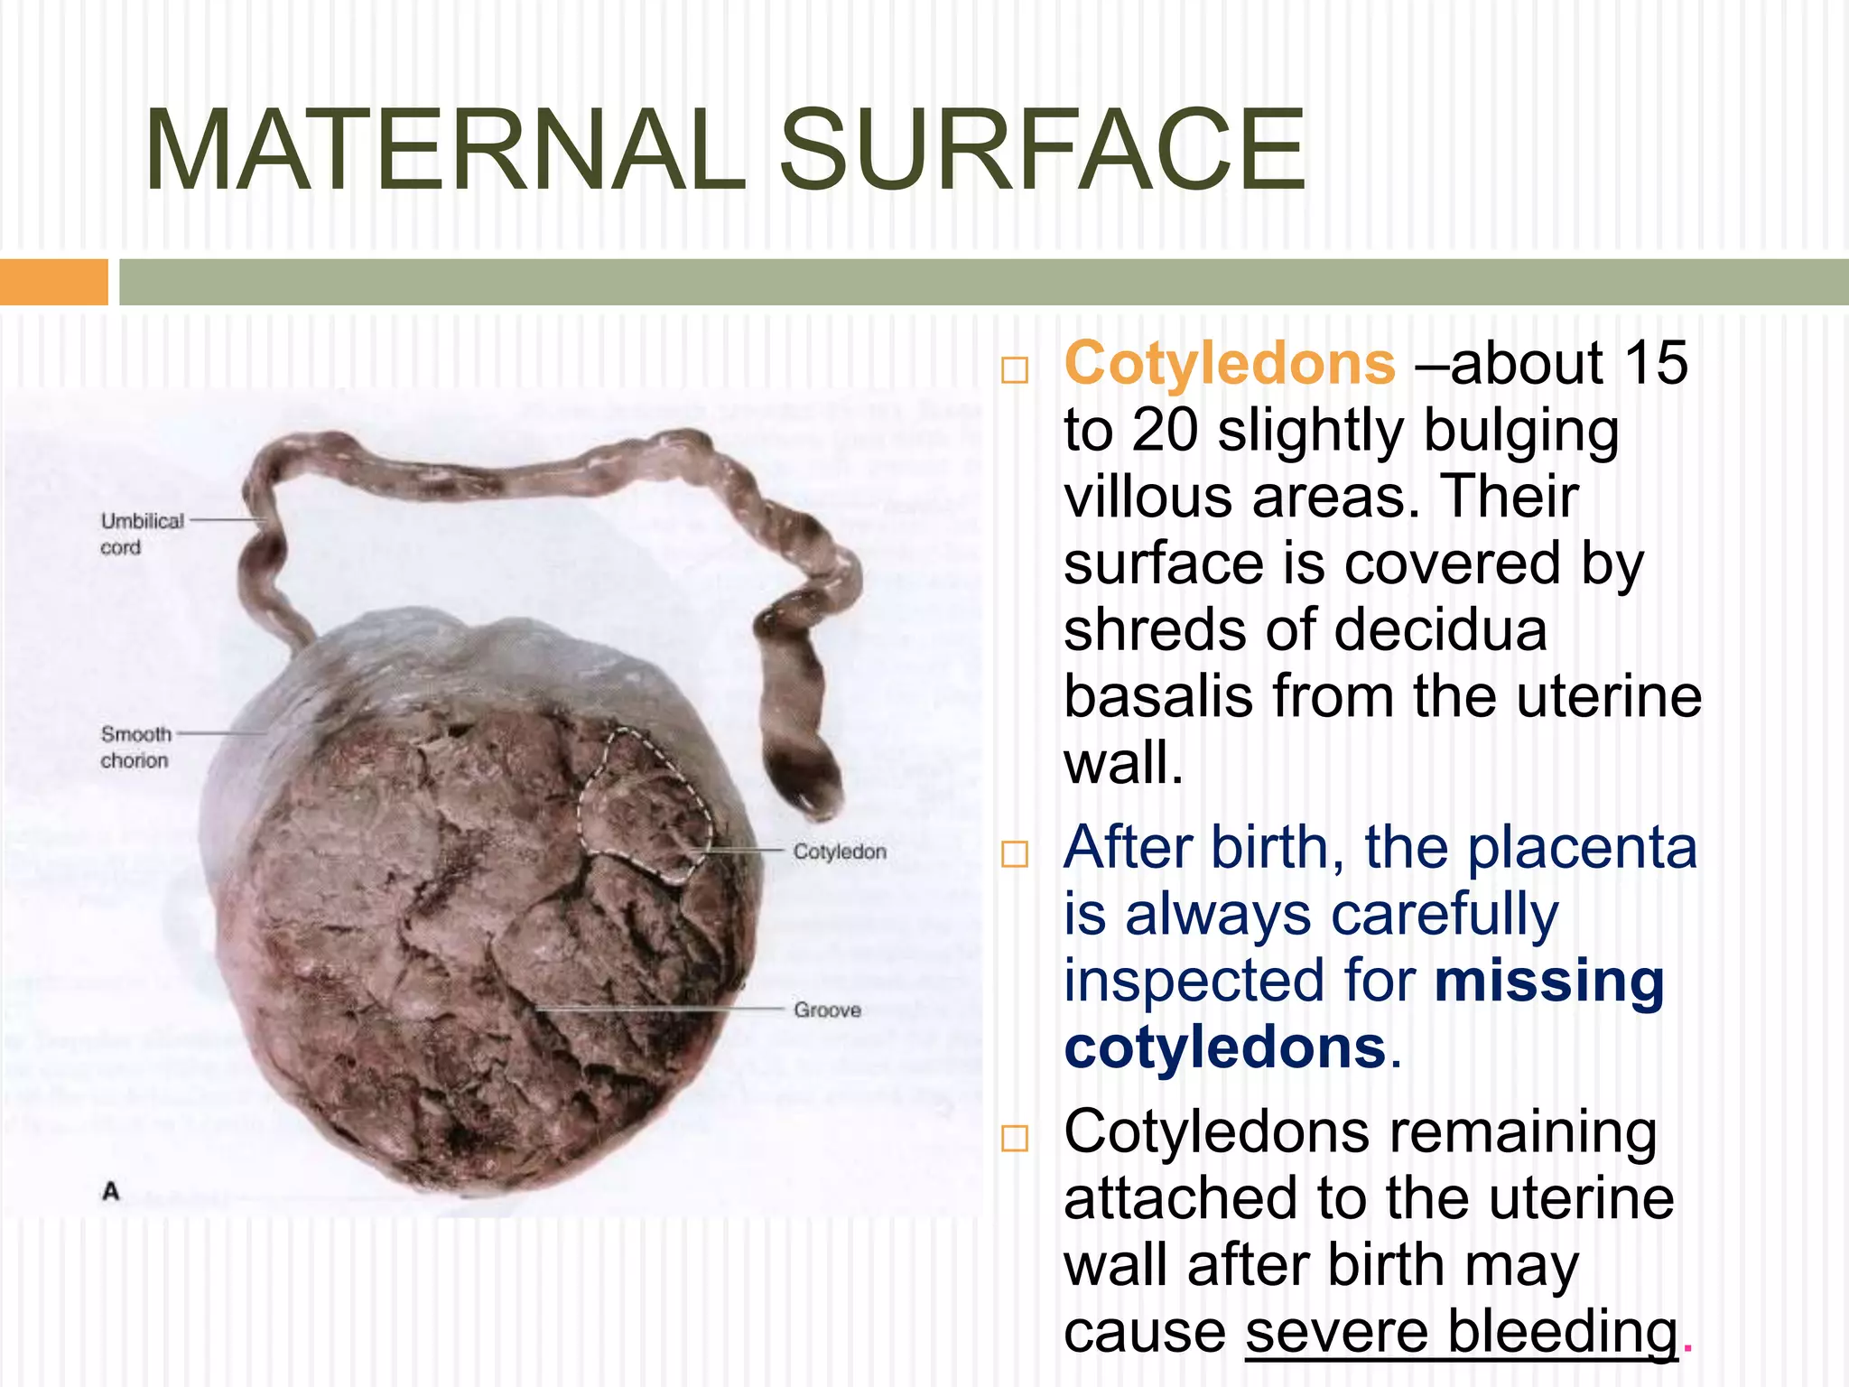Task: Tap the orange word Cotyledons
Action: [1230, 364]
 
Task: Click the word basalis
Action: [1158, 697]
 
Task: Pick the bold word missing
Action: [1548, 982]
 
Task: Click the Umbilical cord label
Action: [141, 534]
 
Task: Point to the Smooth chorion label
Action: [135, 747]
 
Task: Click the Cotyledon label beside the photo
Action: [840, 852]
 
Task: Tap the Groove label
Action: [827, 1010]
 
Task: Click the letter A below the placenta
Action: [111, 1191]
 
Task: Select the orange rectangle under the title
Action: [53, 282]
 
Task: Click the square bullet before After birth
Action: [1015, 853]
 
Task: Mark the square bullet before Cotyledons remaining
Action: [1015, 1138]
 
